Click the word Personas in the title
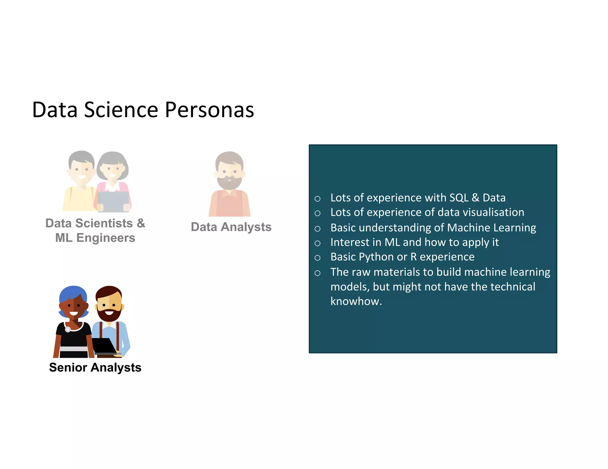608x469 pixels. coord(209,110)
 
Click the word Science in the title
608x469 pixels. coord(122,110)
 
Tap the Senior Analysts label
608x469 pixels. coord(95,367)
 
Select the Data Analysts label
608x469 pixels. coord(231,227)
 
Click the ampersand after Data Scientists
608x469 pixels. coord(141,223)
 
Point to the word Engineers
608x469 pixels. coord(106,238)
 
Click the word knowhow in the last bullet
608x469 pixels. coord(355,301)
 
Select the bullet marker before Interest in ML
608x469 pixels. coord(317,243)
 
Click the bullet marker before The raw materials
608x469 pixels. coord(317,273)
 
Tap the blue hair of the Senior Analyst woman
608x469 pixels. coord(73,292)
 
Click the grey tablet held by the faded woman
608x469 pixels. coord(113,201)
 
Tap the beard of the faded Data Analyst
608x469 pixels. coord(229,182)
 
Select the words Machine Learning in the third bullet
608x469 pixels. coord(491,228)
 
